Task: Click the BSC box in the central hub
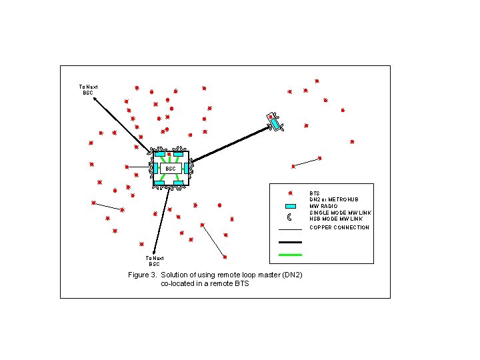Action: pos(171,169)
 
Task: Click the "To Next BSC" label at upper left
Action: pos(88,89)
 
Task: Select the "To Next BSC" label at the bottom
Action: pos(155,261)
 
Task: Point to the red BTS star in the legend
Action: pos(291,193)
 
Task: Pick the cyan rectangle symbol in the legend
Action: pos(290,206)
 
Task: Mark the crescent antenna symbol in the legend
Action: pos(290,217)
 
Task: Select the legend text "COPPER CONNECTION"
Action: pos(339,227)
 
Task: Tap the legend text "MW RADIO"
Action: pos(324,206)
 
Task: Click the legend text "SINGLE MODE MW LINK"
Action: pos(340,213)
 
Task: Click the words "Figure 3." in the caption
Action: pos(143,275)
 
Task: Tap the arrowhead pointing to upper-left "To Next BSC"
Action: pos(95,99)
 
